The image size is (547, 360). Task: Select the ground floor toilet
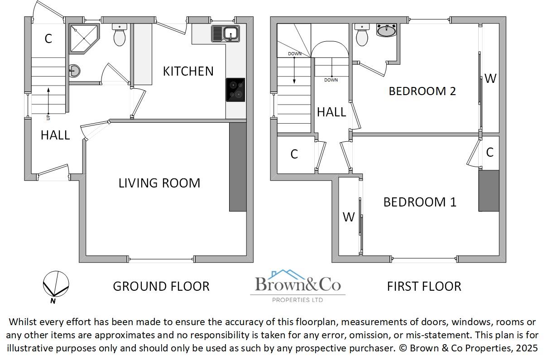(120, 35)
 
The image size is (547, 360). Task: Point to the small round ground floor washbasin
(74, 70)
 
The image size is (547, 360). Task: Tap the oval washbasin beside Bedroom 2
(386, 30)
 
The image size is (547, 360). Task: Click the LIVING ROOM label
(159, 183)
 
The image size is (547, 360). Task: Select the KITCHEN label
(188, 71)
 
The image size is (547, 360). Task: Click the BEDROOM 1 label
(420, 202)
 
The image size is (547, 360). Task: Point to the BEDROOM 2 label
(422, 91)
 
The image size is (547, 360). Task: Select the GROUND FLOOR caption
(161, 286)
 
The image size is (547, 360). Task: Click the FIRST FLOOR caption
(424, 286)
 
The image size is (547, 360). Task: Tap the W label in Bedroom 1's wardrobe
(348, 217)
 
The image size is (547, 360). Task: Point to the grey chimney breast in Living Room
(238, 167)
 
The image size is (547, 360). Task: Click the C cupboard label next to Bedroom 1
(489, 153)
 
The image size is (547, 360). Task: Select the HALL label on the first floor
(331, 112)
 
